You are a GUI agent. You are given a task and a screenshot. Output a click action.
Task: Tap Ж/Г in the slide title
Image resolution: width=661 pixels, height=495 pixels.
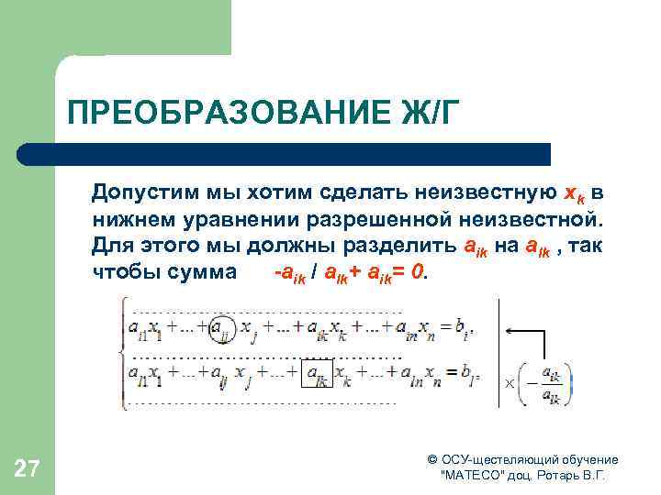click(x=420, y=115)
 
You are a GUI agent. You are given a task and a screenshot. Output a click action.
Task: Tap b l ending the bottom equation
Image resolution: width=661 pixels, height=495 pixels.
click(x=468, y=374)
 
